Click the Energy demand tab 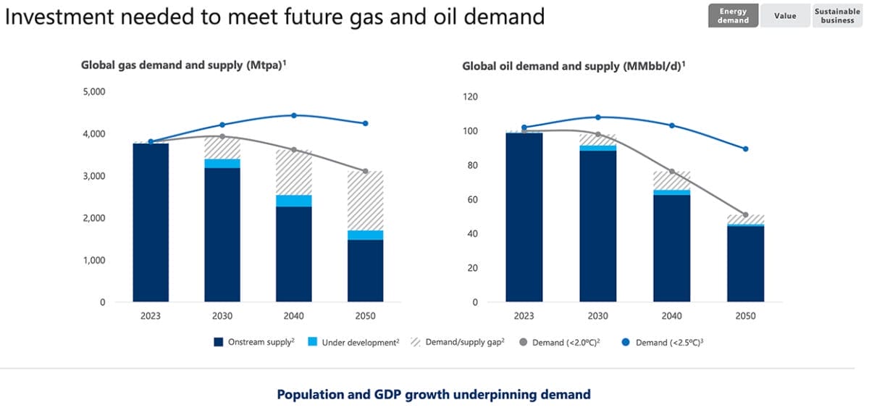click(x=733, y=16)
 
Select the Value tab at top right click(x=784, y=16)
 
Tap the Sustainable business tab click(x=837, y=16)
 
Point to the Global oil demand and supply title click(x=574, y=67)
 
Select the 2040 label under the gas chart click(x=293, y=317)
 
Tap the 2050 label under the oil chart click(x=745, y=317)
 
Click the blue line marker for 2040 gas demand click(x=294, y=115)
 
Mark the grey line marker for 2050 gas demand click(x=365, y=171)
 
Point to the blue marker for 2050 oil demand click(x=745, y=149)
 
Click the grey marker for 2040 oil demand click(x=671, y=172)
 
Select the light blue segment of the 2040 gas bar click(x=294, y=201)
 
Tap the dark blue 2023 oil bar click(x=524, y=217)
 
